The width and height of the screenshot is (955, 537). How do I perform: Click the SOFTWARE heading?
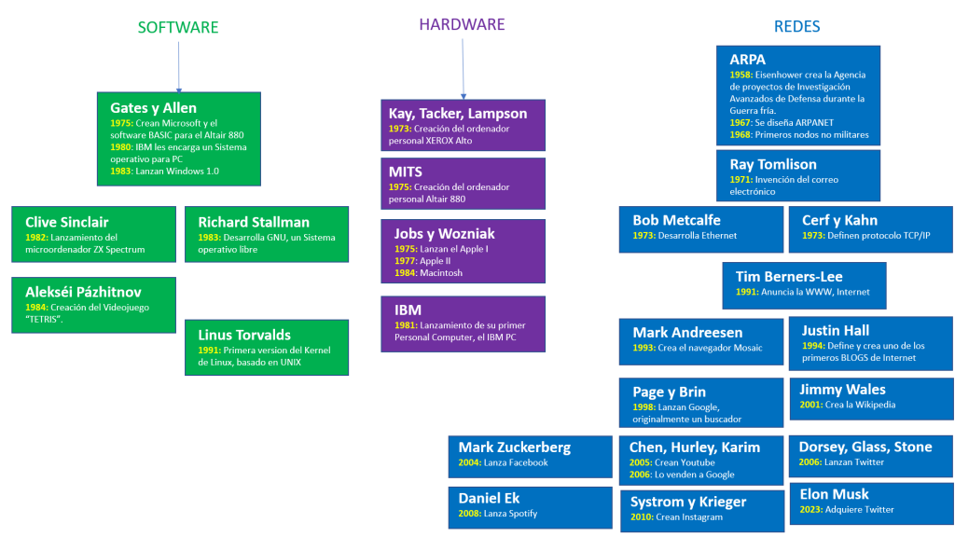178,27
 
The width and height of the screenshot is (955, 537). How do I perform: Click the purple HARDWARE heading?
462,24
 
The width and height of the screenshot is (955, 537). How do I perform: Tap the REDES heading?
796,26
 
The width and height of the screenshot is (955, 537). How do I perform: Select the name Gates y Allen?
154,108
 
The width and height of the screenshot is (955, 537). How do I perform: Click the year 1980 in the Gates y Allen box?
120,147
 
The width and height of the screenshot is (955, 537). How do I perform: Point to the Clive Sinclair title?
67,222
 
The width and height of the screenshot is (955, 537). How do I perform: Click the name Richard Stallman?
254,222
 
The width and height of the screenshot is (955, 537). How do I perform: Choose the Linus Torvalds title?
244,335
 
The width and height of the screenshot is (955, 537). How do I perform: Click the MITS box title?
406,172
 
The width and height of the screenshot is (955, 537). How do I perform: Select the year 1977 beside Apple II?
405,261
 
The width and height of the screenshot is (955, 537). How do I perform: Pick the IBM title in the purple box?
408,310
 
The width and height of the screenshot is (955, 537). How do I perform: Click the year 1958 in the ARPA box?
740,75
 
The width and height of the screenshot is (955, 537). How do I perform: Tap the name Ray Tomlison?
773,164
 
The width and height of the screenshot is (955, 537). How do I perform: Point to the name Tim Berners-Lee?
789,276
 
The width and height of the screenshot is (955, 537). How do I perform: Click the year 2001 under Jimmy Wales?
811,405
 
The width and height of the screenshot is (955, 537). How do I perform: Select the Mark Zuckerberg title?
515,447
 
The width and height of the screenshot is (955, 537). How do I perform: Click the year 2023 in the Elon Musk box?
811,510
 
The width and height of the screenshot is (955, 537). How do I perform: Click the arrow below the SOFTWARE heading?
178,67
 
